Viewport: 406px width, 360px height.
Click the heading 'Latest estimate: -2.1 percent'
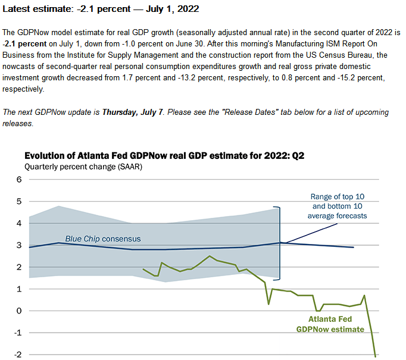[x=101, y=10]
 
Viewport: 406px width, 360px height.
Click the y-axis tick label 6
[x=18, y=180]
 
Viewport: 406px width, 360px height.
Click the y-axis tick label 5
[x=18, y=202]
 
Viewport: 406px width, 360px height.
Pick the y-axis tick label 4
[x=18, y=224]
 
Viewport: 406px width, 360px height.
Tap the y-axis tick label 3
[x=18, y=245]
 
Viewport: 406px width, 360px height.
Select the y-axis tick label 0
[x=18, y=311]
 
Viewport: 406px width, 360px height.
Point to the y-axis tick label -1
[x=17, y=333]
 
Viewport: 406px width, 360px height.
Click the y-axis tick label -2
[x=17, y=355]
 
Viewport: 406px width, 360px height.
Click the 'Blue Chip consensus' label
[x=104, y=239]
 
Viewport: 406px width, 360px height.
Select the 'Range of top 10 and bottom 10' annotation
[x=338, y=206]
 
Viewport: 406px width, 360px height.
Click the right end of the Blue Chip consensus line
[x=354, y=247]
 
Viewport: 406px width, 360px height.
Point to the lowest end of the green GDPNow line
[x=375, y=356]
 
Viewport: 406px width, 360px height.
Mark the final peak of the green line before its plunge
[x=364, y=295]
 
